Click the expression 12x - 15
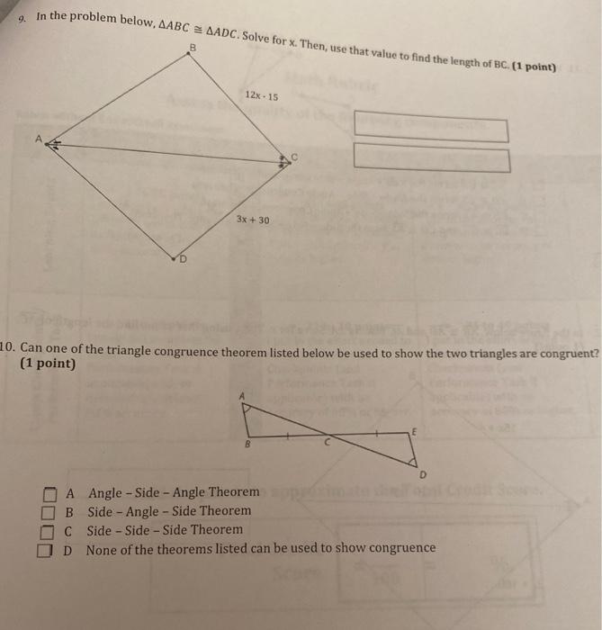(261, 95)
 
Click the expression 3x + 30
(252, 220)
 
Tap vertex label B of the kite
(192, 47)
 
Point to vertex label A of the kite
(39, 139)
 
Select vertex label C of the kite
(292, 158)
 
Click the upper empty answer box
(431, 126)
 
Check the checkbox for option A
(49, 493)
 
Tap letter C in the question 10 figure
(328, 443)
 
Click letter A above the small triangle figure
(241, 394)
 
